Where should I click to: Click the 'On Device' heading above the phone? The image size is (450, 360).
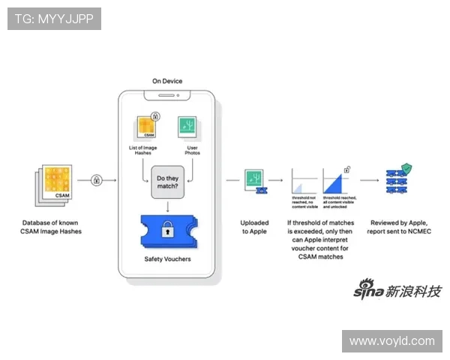(166, 81)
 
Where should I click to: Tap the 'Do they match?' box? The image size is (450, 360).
(168, 181)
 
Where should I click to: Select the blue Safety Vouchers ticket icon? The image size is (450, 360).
(169, 231)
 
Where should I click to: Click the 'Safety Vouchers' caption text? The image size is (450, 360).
(168, 260)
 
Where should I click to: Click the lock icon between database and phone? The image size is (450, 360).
(97, 180)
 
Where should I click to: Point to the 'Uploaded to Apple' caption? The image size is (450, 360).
(253, 226)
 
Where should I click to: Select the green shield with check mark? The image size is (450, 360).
(406, 169)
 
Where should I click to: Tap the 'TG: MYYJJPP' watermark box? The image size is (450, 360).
(54, 19)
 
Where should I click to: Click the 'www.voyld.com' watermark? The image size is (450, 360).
(392, 341)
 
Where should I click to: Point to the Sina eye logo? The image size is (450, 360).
(367, 289)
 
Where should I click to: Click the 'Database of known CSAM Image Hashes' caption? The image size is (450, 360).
(52, 226)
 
